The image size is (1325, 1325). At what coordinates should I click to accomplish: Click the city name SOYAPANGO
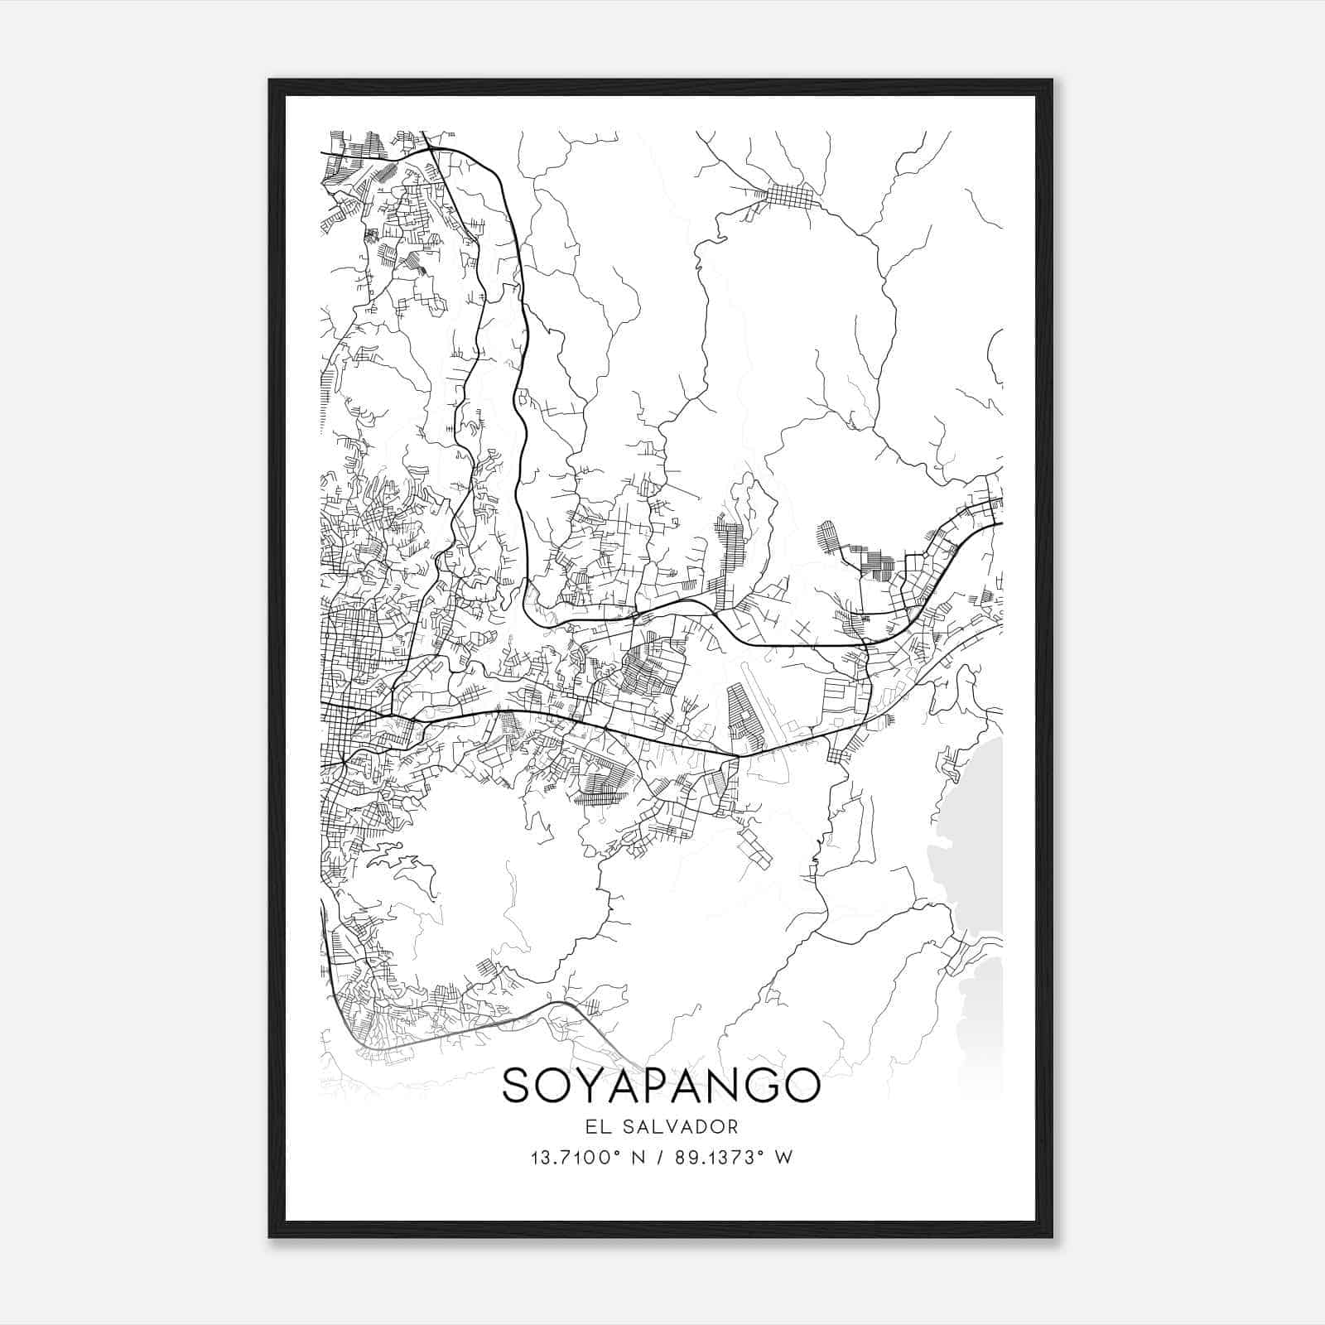[661, 1086]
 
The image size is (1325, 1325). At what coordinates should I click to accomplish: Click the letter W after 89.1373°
[784, 1157]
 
